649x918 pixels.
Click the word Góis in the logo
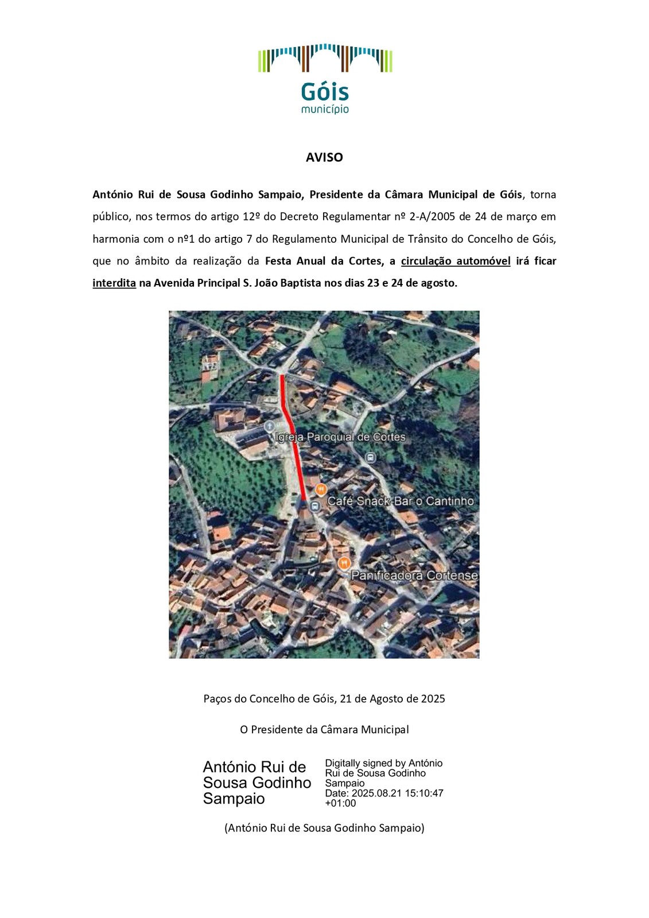324,92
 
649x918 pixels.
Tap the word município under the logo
325,109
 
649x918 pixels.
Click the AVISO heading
324,157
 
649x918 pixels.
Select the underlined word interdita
114,283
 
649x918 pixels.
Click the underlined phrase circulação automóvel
456,261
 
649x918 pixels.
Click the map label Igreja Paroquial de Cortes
340,437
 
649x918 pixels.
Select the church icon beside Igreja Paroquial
269,426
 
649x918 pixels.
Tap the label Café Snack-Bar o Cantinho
400,501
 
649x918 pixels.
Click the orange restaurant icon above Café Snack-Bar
321,489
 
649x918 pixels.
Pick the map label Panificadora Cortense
414,575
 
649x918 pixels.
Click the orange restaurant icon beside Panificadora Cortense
344,563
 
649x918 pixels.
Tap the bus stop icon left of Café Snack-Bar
314,506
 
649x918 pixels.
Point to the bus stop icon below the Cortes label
371,457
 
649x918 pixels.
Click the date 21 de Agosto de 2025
392,699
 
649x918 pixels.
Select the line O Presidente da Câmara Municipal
324,730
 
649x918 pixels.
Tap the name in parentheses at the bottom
324,828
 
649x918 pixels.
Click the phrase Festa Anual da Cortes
323,261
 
